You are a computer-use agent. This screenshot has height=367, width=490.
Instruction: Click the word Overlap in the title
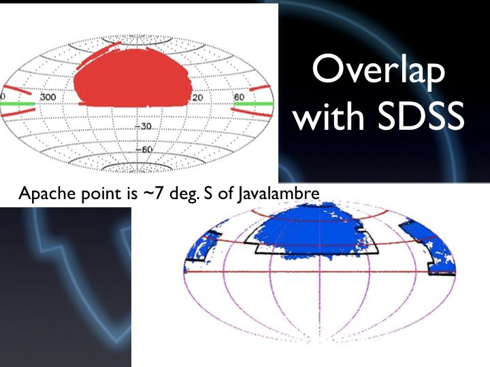click(x=378, y=72)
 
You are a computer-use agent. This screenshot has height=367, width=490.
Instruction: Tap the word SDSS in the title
click(x=421, y=116)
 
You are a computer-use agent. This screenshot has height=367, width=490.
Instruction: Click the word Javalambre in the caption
click(x=278, y=194)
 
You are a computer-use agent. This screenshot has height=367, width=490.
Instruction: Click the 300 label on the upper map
click(x=48, y=97)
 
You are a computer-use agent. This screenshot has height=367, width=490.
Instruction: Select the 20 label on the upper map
click(x=197, y=98)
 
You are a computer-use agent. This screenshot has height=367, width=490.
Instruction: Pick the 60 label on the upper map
click(x=239, y=97)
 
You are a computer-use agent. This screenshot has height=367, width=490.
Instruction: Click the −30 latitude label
click(x=143, y=126)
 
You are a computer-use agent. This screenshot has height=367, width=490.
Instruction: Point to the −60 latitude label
click(x=144, y=150)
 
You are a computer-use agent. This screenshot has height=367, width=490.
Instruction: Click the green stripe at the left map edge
click(x=17, y=103)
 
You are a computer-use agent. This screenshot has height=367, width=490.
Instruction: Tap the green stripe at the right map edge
click(x=254, y=103)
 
